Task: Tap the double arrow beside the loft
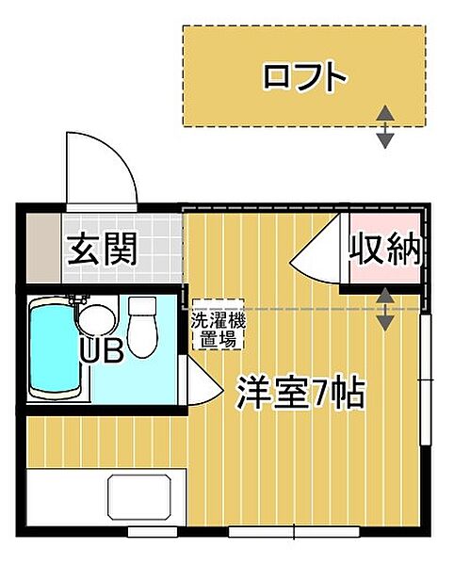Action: click(x=385, y=127)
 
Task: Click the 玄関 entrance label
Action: click(x=103, y=250)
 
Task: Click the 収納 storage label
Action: click(x=384, y=250)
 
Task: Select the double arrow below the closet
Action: click(x=385, y=310)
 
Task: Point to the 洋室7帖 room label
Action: click(x=300, y=393)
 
